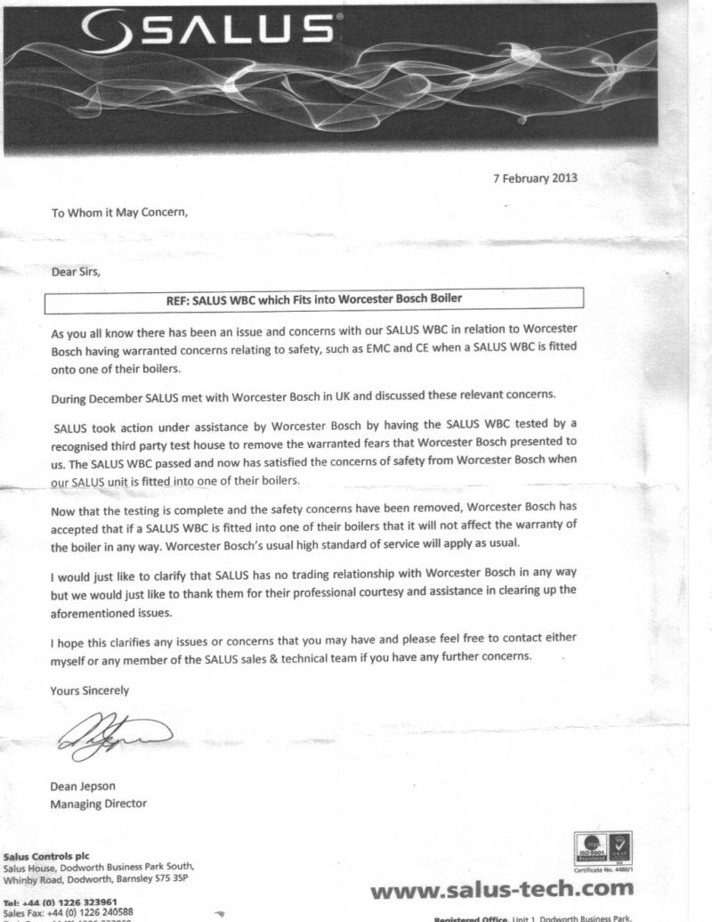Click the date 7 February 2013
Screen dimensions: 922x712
tap(535, 177)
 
